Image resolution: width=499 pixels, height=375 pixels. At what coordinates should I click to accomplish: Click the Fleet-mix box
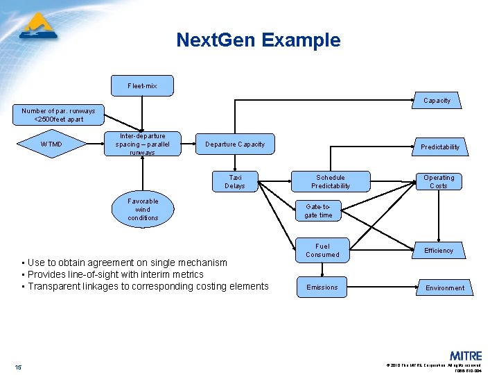142,85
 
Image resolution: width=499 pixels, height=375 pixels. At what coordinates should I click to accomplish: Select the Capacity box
437,101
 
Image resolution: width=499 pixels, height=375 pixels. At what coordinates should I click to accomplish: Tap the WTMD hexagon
51,144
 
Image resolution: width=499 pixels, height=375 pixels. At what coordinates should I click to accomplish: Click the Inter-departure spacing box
142,144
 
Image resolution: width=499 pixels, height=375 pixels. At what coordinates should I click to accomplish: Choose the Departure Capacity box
235,144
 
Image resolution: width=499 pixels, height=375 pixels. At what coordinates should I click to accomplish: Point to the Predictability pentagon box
440,147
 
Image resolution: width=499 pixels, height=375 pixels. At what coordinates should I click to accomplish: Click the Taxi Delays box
235,181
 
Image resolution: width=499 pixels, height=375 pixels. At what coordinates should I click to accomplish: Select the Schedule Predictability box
331,181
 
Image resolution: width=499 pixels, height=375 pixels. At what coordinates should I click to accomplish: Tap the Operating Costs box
439,181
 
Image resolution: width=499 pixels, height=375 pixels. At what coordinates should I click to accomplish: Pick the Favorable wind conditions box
143,210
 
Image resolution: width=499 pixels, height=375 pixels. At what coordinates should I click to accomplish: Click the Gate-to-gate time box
319,210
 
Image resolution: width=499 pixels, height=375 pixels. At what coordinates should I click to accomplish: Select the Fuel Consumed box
322,250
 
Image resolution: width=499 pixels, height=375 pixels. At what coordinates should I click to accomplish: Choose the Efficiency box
439,250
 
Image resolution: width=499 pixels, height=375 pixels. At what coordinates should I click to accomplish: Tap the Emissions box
322,287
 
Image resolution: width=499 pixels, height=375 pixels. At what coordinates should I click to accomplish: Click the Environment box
445,287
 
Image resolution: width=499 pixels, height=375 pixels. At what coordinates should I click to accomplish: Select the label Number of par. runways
58,111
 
